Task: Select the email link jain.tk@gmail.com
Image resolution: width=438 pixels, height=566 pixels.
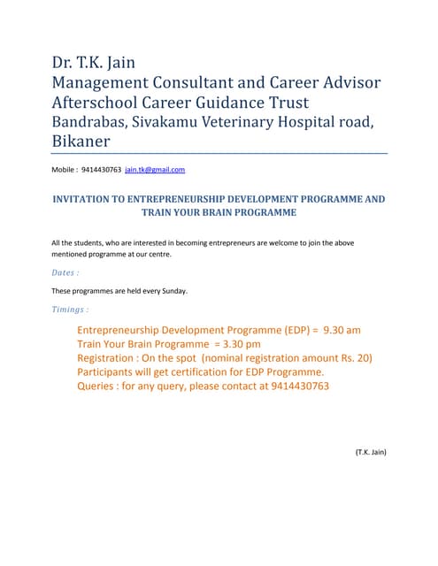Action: pos(155,169)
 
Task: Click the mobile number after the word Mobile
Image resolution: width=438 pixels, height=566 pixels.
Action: pos(101,169)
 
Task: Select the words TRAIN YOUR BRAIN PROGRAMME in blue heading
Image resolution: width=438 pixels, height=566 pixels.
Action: pos(219,213)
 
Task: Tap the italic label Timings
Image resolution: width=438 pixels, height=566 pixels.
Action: pos(70,310)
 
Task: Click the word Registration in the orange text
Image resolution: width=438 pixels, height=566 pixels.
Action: pos(107,358)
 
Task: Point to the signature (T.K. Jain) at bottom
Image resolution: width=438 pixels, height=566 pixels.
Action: pos(371,452)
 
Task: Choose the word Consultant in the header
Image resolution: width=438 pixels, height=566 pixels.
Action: pos(209,82)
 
